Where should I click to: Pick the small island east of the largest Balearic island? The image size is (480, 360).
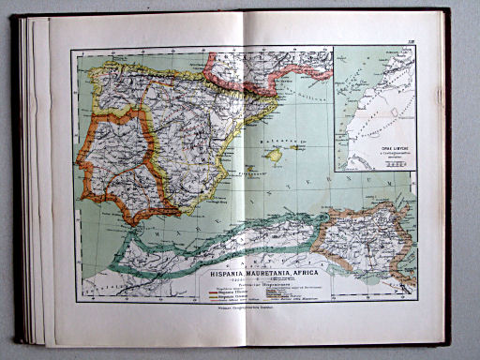coord(295,146)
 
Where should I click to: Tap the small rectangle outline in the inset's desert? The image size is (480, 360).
coord(393,113)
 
